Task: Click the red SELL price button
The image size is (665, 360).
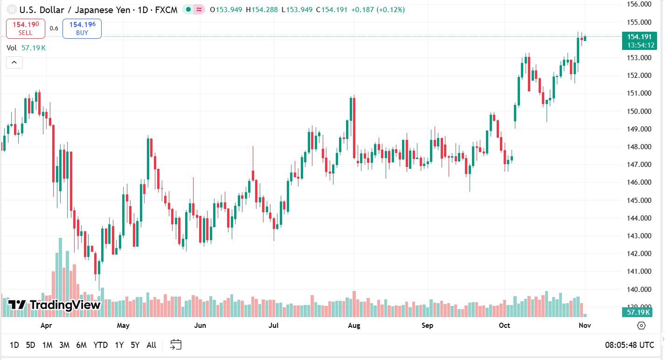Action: (x=26, y=28)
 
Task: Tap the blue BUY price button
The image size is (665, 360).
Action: (x=82, y=28)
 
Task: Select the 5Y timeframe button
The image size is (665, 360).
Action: (x=135, y=345)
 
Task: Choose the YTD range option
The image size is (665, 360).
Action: (x=100, y=345)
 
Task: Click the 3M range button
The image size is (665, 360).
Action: (x=64, y=345)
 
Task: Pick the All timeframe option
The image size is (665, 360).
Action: (x=151, y=345)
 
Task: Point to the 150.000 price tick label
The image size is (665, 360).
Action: (x=639, y=111)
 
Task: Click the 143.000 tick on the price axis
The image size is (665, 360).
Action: (x=639, y=236)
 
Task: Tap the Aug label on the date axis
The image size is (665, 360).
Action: (x=354, y=325)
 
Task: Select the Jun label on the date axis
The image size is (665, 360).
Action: (x=200, y=325)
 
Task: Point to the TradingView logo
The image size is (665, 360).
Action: (x=55, y=305)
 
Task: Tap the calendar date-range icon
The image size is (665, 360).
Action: (x=176, y=345)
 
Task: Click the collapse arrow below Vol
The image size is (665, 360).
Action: (x=14, y=62)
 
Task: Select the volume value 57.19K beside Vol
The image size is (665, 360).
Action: (x=34, y=48)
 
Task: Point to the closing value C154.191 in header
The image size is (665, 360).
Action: (x=332, y=9)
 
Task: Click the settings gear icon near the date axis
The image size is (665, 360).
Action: (x=641, y=325)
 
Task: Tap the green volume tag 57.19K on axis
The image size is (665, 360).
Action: (x=639, y=312)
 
